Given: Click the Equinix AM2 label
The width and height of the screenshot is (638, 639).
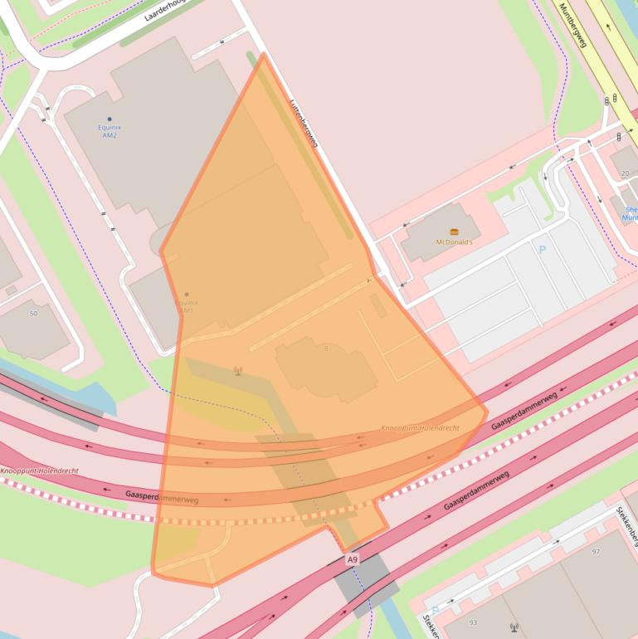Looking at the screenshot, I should (x=110, y=131).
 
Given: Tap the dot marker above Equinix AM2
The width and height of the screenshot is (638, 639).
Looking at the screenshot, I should (x=110, y=120).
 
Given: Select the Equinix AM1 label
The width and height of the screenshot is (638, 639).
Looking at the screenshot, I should (x=185, y=306).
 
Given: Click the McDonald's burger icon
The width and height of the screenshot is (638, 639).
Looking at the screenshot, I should (x=454, y=232).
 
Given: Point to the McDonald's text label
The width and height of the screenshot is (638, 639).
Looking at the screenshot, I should (x=454, y=242).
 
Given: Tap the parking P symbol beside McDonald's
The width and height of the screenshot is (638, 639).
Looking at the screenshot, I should (x=543, y=248).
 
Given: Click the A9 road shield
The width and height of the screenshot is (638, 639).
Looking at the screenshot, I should (x=353, y=560).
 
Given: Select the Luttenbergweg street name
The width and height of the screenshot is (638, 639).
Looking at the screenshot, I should (x=304, y=124).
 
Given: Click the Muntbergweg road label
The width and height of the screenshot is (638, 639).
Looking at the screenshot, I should (x=573, y=25).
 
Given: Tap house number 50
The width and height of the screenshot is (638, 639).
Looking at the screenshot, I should (x=33, y=314).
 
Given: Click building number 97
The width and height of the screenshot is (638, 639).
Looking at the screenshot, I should (x=596, y=552).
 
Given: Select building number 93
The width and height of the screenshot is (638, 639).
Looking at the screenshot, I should (x=473, y=622).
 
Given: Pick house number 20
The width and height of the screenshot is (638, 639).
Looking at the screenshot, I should (x=625, y=173).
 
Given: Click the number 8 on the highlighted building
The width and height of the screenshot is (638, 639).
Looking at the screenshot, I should (x=326, y=349).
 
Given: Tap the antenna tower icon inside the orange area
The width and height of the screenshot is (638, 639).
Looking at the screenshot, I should (x=238, y=371).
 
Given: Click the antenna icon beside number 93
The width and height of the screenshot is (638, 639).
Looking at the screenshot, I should (x=514, y=628).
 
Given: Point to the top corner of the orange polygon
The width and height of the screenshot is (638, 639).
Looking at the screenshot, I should (x=263, y=55).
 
